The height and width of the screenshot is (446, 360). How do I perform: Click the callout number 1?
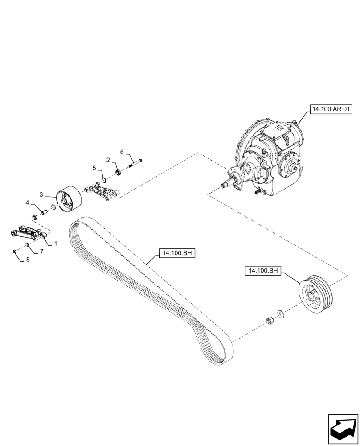(56, 244)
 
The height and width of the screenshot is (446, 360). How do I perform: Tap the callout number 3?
(41, 195)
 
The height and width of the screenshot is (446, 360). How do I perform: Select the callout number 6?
(122, 152)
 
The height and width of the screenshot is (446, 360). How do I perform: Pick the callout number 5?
(94, 168)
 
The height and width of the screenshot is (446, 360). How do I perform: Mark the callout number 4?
(28, 202)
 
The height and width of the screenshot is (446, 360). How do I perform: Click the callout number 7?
(41, 252)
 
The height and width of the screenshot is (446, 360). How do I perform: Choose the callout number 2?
(108, 160)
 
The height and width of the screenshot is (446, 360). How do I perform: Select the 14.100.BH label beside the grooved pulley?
(262, 270)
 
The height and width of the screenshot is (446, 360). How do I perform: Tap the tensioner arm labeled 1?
(26, 232)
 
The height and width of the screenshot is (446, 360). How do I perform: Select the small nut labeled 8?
(15, 252)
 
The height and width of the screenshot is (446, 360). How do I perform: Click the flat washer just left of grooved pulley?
(281, 313)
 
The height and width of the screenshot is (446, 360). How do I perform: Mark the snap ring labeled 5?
(103, 180)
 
